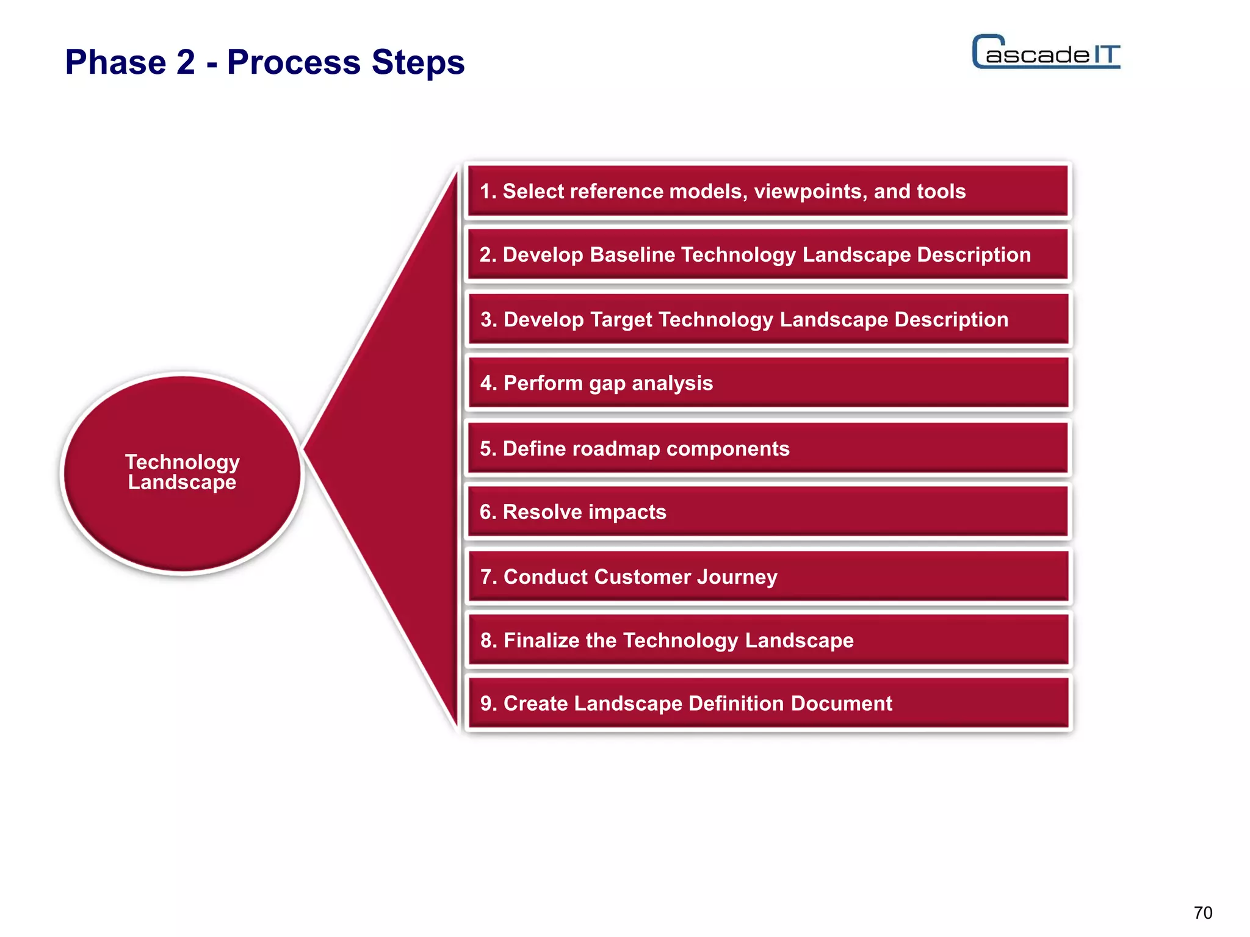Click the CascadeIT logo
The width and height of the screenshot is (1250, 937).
tap(1046, 52)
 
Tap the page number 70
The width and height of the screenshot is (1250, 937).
tap(1203, 913)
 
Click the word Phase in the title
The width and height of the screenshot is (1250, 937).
tap(116, 62)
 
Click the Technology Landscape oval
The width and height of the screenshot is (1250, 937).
tap(182, 473)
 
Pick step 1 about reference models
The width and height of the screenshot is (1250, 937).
tap(768, 192)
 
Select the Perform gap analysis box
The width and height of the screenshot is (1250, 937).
tap(768, 383)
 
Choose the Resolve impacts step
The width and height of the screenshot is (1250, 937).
tap(768, 512)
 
